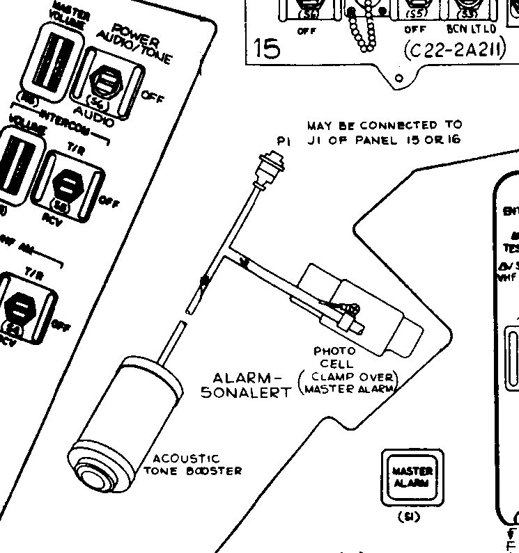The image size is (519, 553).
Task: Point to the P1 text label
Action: (283, 141)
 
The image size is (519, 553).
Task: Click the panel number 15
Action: (268, 49)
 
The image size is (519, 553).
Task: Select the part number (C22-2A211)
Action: (454, 50)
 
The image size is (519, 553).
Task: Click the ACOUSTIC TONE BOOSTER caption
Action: (192, 464)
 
